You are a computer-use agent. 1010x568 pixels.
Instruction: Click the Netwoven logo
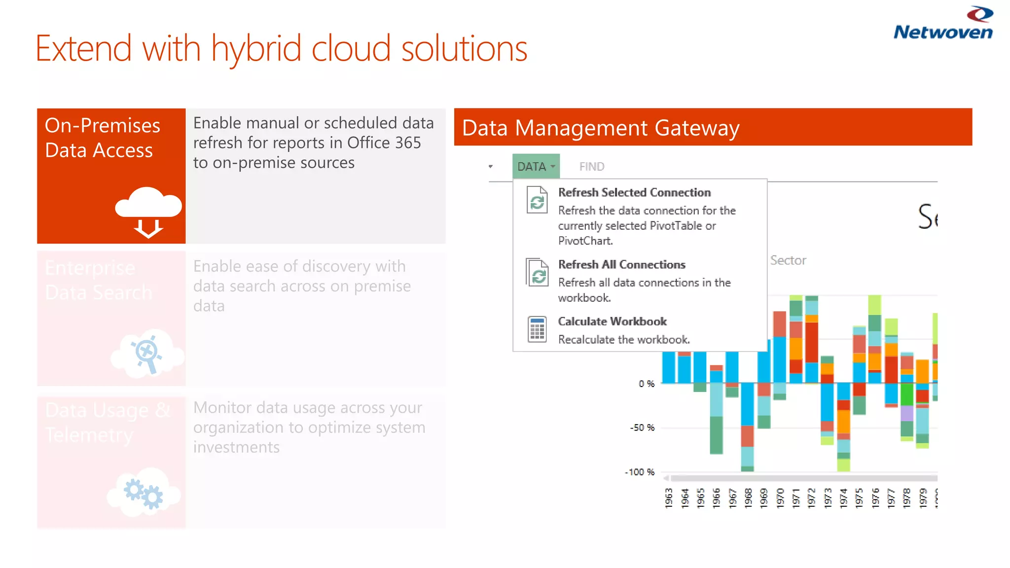tap(943, 24)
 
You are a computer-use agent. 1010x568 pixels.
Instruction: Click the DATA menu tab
tap(536, 167)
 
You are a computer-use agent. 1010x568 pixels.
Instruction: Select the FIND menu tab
tap(591, 167)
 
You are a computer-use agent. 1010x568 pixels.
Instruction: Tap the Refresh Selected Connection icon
tap(537, 200)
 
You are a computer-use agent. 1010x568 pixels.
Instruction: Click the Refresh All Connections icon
tap(537, 272)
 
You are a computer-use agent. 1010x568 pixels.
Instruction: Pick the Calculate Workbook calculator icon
tap(537, 329)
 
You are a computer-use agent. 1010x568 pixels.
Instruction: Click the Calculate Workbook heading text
tap(612, 321)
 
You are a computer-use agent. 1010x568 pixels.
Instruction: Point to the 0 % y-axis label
tap(647, 384)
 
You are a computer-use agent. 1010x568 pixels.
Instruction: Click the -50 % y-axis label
tap(642, 427)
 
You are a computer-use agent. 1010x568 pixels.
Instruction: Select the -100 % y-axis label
tap(640, 472)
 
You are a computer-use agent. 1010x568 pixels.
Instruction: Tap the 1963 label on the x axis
tap(669, 498)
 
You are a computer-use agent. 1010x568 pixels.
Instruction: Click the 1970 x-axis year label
tap(780, 498)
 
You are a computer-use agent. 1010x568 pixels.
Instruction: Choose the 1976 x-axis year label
tap(875, 498)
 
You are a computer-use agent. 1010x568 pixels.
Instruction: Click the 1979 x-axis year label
tap(923, 498)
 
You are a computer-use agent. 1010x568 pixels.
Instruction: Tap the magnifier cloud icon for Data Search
tap(147, 353)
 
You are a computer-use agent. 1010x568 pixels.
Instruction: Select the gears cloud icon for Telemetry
tap(144, 493)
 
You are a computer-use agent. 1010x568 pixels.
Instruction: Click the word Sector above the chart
tap(788, 260)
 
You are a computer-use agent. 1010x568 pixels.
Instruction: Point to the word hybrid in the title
tap(256, 49)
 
